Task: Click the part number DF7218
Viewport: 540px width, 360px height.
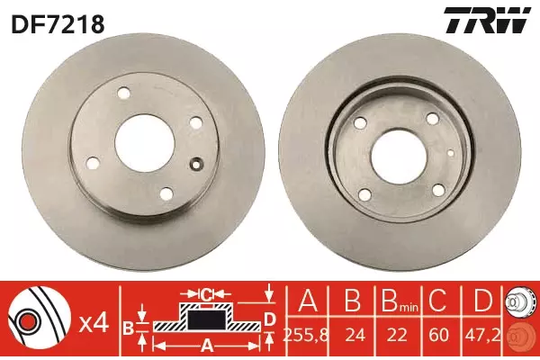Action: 58,23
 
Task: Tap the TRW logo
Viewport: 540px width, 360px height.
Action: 487,21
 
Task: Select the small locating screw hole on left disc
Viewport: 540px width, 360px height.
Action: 196,165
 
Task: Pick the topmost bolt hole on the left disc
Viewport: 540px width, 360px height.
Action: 123,93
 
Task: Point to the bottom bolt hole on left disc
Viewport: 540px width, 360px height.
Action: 166,193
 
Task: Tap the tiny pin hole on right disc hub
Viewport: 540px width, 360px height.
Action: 451,153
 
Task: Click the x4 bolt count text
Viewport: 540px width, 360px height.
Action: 94,324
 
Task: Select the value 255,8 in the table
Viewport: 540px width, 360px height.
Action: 305,335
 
